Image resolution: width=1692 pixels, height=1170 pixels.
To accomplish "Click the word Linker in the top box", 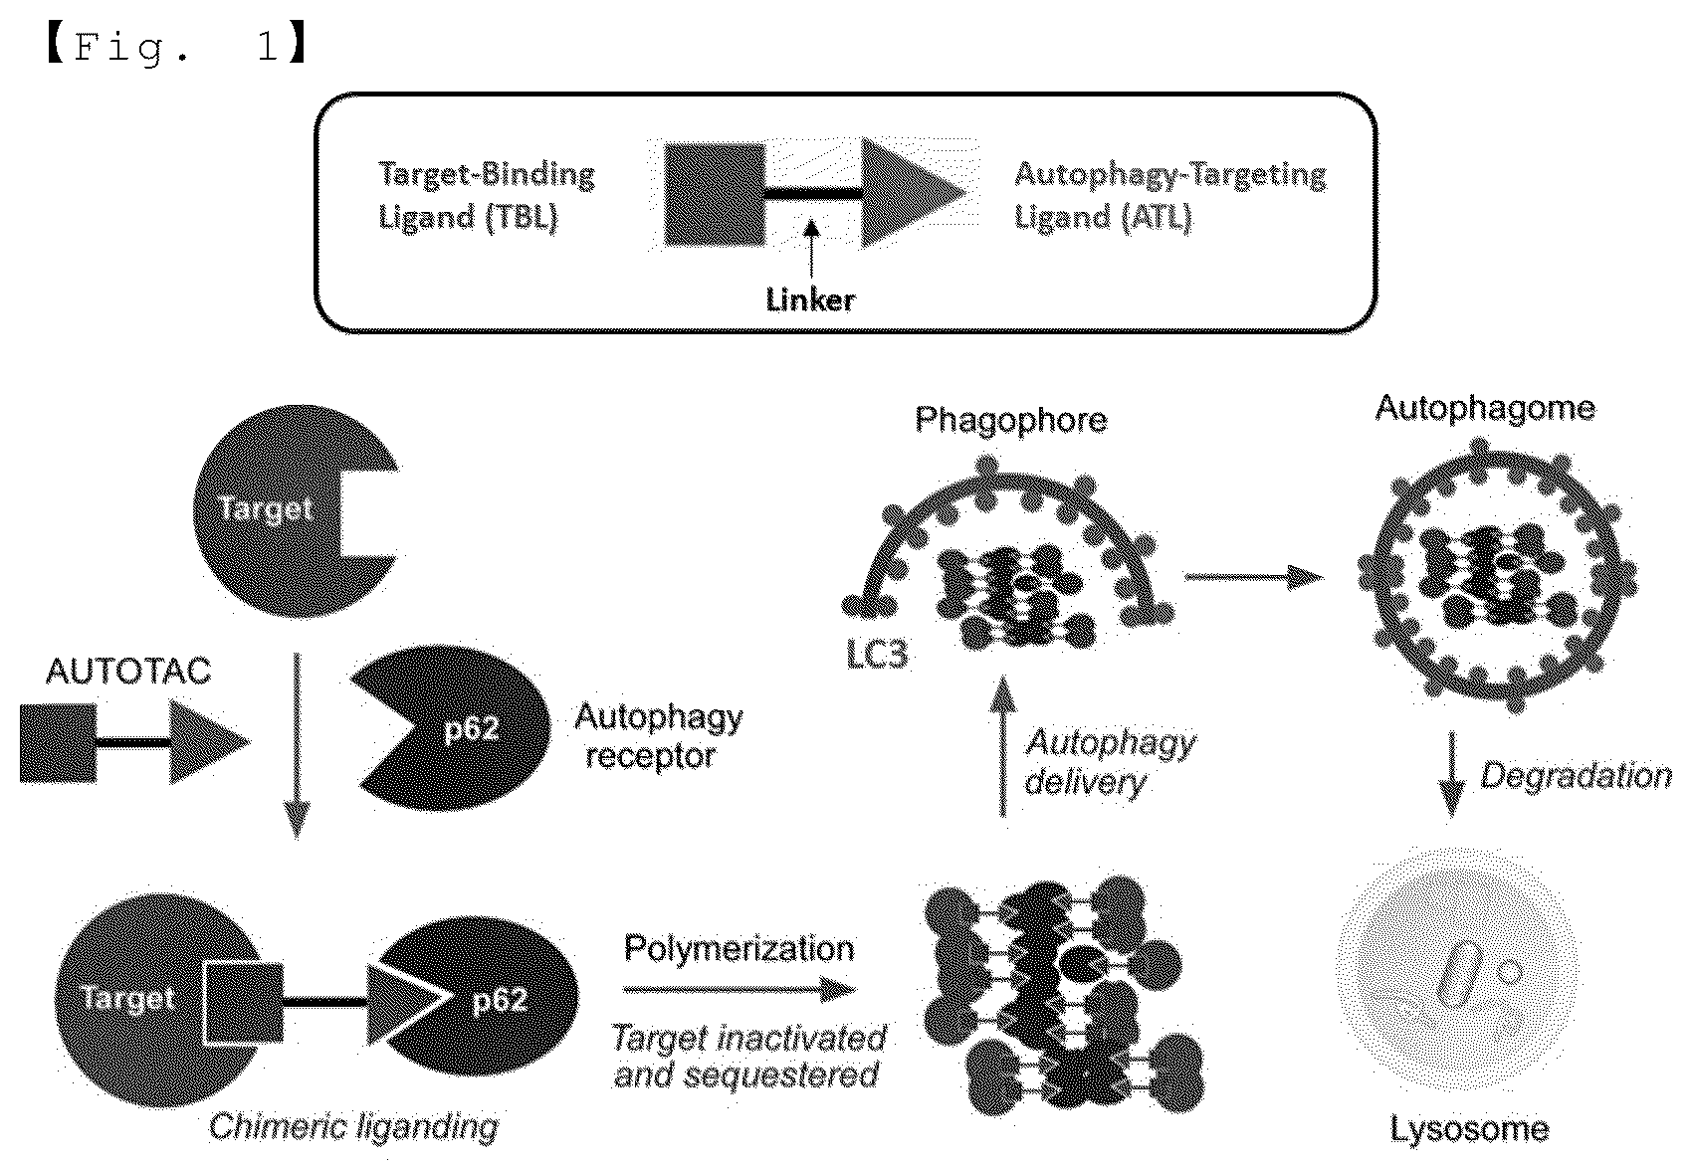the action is click(x=810, y=300).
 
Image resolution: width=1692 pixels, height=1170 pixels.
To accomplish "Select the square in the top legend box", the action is click(x=714, y=194).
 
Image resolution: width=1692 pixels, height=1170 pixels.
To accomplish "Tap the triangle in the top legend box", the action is click(x=914, y=192).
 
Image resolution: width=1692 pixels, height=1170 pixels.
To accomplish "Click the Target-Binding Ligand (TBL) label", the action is click(x=487, y=196).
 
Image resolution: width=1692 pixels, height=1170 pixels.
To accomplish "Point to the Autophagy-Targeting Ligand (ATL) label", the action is click(x=1170, y=196).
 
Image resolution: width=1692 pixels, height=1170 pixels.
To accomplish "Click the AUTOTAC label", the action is click(x=128, y=671).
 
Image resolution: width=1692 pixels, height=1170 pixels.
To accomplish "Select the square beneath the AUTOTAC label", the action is click(x=58, y=743).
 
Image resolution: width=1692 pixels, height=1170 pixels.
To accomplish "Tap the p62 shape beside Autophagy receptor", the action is click(x=452, y=727).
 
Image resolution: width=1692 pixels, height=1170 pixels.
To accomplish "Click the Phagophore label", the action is click(x=1010, y=420).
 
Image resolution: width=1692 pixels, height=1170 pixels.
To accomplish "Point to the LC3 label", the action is click(x=877, y=654).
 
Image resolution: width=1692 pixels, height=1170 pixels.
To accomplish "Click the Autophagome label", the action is click(x=1485, y=408).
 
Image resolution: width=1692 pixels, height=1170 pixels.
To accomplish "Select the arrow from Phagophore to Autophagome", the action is click(x=1254, y=577).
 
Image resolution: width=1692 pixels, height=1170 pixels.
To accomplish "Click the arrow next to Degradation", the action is click(x=1451, y=774).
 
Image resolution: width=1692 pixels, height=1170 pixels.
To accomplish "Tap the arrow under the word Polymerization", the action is click(x=740, y=989).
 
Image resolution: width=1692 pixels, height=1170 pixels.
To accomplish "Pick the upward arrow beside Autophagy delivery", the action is click(x=1003, y=746).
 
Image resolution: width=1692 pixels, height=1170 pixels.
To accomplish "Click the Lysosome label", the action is click(x=1469, y=1129).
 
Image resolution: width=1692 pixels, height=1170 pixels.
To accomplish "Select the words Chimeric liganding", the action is click(x=353, y=1127).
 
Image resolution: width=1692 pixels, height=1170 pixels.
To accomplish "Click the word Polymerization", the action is click(x=739, y=948).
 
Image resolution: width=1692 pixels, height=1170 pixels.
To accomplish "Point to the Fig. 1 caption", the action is click(x=177, y=47).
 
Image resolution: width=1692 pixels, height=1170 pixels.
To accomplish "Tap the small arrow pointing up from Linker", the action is click(x=811, y=249).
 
